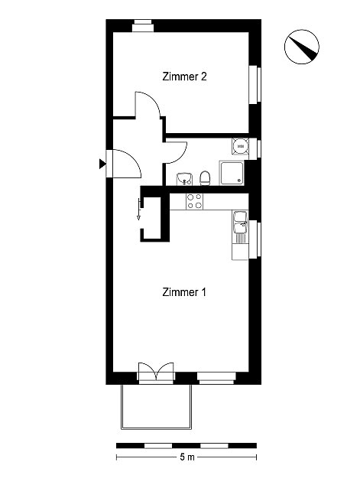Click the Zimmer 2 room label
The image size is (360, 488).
click(184, 76)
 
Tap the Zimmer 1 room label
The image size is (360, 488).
click(184, 292)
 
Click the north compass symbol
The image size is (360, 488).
click(302, 47)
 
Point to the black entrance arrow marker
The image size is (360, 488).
click(102, 164)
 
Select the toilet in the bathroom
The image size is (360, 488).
click(205, 178)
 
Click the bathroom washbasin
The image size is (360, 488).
click(184, 179)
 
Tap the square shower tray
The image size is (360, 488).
click(232, 173)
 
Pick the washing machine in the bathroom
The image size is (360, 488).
click(240, 146)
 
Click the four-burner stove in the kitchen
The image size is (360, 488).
click(194, 201)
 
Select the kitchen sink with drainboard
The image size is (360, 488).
click(240, 227)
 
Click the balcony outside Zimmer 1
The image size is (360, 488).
click(157, 406)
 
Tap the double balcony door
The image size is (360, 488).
click(156, 372)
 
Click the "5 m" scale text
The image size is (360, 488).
click(186, 457)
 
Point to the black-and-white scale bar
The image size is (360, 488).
click(186, 446)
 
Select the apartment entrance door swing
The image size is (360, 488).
click(125, 164)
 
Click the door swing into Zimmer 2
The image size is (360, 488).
click(148, 105)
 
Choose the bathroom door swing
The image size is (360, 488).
click(176, 152)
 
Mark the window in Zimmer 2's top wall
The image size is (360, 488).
click(143, 26)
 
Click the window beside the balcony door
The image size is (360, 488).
click(216, 378)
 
